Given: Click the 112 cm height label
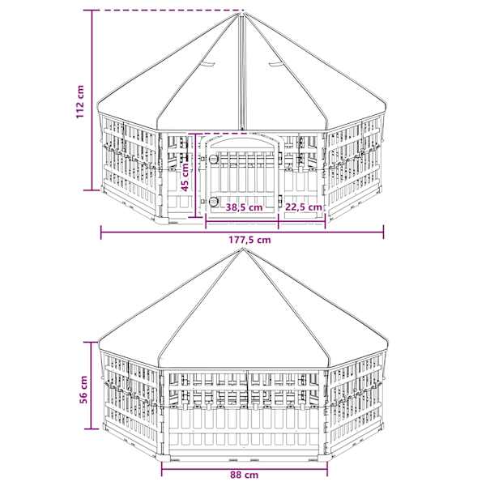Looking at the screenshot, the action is coord(80,101).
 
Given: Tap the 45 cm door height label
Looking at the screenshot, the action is coord(185,177).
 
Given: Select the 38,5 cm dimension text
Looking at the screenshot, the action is coord(244,207).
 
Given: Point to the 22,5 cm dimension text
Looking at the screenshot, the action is coord(304,207).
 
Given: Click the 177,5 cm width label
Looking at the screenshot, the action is coord(249,240).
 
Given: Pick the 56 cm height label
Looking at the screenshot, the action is coord(83,390).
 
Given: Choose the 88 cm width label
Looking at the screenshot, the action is coord(245,475).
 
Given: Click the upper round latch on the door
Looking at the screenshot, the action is coord(213,159).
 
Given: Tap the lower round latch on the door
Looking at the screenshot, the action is coord(213,202).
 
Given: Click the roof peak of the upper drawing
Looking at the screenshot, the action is coord(243,12).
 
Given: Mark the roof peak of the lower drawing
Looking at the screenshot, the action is coord(243,249).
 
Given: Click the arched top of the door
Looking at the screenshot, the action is coord(243,139).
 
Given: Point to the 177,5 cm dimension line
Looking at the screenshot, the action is coord(242,232).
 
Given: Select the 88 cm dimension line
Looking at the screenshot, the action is coord(245,468).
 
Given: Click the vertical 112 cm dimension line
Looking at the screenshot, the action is coord(92,100).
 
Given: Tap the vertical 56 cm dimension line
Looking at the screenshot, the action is coord(92,386).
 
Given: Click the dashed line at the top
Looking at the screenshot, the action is coord(168,11).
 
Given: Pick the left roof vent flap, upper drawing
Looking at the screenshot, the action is coord(207,64).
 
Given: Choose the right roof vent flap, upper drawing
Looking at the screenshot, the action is coord(276,64).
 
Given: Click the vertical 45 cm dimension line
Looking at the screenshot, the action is coord(196,176).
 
